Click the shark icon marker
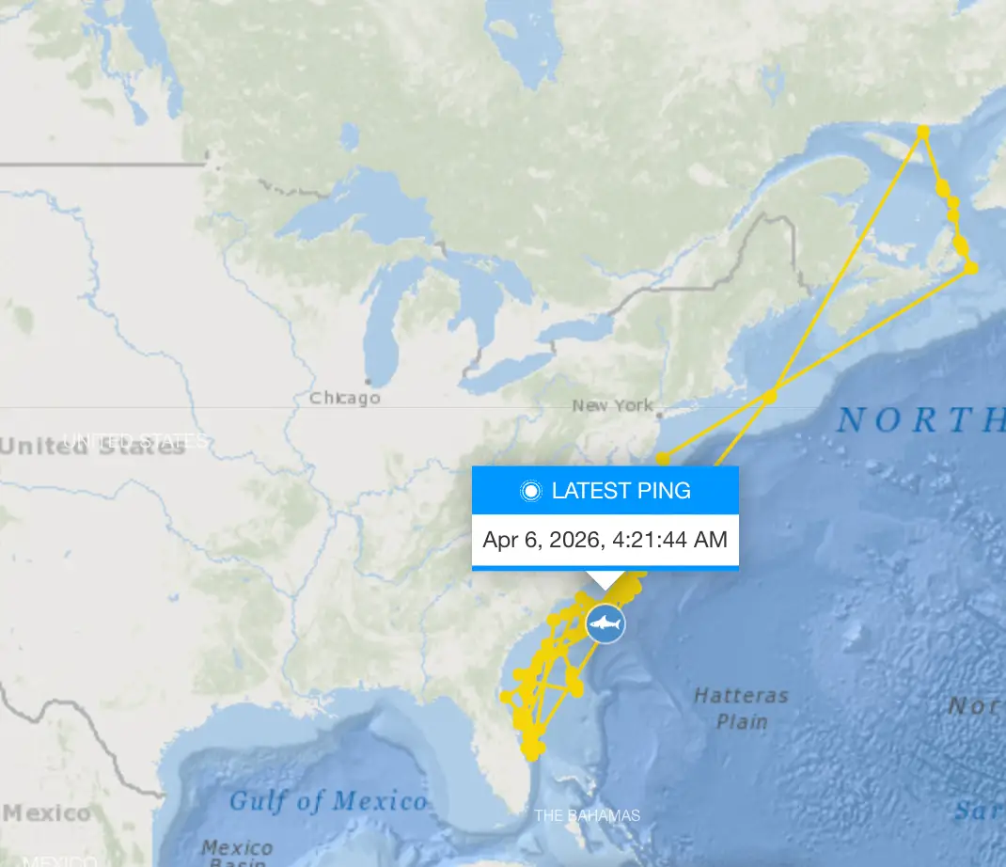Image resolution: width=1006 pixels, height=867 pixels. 606,623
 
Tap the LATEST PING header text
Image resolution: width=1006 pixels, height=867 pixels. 621,490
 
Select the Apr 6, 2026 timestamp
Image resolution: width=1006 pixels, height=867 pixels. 605,540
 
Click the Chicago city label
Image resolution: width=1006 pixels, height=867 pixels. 345,398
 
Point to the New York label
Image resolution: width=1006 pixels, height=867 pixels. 612,405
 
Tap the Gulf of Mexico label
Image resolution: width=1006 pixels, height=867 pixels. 327,801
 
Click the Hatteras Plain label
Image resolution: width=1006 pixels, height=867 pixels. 741,708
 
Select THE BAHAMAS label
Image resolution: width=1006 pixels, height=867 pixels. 587,815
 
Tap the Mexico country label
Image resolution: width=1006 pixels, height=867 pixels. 46,812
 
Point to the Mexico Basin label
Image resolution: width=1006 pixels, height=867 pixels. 237,854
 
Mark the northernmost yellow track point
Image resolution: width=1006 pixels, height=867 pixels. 923,132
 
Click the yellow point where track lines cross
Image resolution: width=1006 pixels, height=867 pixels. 771,397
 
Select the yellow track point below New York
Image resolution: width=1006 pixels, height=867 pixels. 663,459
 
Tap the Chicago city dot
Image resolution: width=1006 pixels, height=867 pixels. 368,382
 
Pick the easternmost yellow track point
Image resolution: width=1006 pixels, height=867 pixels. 971,268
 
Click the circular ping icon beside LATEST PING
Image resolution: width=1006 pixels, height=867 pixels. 531,491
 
